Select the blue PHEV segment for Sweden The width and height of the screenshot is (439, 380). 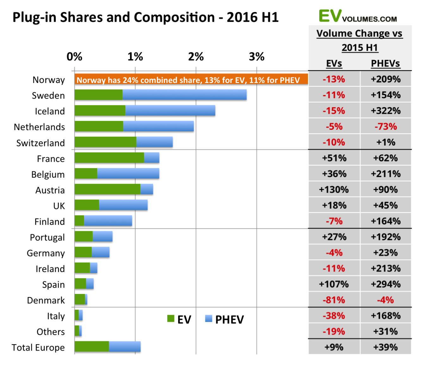185,95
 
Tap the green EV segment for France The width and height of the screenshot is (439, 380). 109,158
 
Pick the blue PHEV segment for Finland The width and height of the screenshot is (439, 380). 108,221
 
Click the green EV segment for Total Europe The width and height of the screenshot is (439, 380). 92,346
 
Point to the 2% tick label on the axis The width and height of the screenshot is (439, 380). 196,57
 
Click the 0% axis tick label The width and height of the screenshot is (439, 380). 74,57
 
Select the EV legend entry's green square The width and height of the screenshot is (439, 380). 171,319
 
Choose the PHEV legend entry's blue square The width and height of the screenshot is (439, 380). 209,319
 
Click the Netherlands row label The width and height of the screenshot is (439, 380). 40,127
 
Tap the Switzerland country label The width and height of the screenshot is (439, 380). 41,143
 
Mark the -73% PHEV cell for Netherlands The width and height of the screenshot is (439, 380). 386,126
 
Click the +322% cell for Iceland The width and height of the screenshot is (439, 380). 386,111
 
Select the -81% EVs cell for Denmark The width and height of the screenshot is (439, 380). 334,300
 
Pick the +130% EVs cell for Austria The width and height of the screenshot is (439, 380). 334,189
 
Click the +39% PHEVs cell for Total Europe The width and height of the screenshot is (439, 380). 386,347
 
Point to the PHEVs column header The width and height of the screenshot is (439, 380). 386,64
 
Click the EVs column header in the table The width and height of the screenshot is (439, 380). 334,64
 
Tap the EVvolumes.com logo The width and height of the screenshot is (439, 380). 358,16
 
